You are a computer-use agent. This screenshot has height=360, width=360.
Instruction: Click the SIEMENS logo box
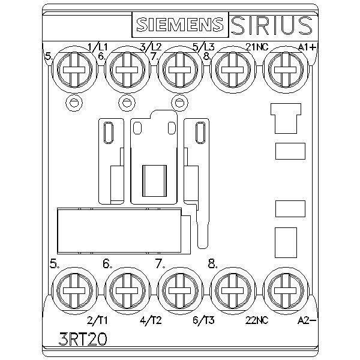[x=180, y=25]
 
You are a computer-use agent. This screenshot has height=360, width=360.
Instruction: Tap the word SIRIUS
[x=271, y=25]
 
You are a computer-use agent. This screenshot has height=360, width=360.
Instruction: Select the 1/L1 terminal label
[x=98, y=47]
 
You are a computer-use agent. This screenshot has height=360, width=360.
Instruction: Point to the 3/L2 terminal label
[x=151, y=47]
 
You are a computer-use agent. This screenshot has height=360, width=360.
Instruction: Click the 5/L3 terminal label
[x=203, y=47]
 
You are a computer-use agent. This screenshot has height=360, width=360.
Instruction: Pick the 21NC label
[x=257, y=47]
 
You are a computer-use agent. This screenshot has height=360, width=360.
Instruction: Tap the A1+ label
[x=307, y=47]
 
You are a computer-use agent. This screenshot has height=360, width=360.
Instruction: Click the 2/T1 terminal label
[x=97, y=320]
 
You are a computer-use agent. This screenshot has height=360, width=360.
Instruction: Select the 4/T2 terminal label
[x=151, y=320]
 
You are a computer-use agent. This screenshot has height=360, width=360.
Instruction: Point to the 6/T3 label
[x=203, y=320]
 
